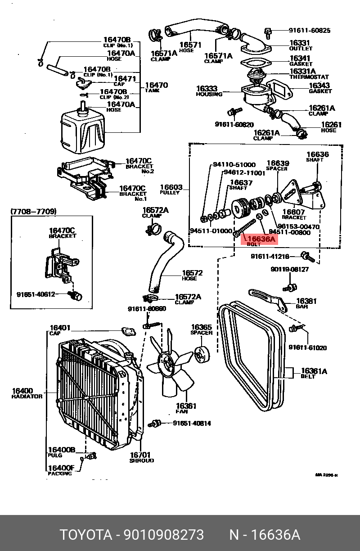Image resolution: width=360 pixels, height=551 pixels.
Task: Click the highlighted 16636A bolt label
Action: click(x=260, y=240)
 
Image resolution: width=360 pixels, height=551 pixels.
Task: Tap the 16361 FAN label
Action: click(x=186, y=408)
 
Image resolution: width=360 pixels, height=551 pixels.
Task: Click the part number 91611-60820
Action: click(x=234, y=125)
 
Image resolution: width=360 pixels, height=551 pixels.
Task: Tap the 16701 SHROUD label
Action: click(x=141, y=457)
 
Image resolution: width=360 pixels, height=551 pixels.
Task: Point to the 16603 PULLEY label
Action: click(x=171, y=189)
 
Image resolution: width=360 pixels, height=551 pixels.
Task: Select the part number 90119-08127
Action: click(x=289, y=269)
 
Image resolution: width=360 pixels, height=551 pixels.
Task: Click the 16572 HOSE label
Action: click(x=192, y=275)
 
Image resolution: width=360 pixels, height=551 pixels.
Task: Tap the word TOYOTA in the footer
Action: click(x=86, y=535)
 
